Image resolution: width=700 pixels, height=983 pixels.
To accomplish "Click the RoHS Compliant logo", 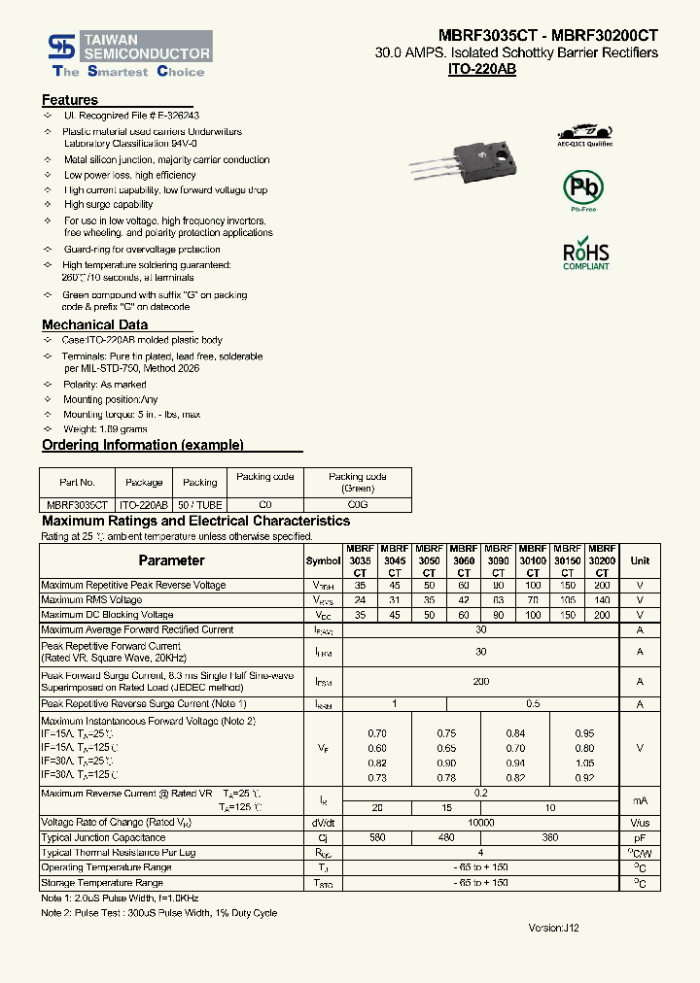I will click(586, 254).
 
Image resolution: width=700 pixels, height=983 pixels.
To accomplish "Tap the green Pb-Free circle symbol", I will click(583, 187).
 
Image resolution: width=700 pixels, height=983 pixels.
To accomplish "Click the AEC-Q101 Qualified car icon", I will click(585, 131).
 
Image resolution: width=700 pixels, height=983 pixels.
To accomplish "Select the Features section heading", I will click(70, 100).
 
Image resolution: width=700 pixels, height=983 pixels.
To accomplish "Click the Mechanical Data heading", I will click(94, 324).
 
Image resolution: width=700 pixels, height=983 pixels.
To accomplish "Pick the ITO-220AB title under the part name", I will click(481, 70).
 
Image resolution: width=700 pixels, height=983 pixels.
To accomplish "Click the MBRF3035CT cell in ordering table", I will click(77, 505).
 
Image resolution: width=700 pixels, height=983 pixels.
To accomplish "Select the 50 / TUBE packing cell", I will click(200, 505).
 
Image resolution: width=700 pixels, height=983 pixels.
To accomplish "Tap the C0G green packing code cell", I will click(357, 505).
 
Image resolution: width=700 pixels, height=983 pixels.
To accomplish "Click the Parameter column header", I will click(171, 560).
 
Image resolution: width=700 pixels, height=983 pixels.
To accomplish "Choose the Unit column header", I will click(640, 560).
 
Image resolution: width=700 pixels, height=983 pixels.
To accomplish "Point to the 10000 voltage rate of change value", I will click(480, 823).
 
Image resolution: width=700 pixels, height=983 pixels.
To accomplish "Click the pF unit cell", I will click(640, 837).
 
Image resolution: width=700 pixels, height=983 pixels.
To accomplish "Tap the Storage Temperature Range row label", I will click(101, 883).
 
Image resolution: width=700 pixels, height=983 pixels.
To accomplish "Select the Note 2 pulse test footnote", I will click(158, 913).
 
